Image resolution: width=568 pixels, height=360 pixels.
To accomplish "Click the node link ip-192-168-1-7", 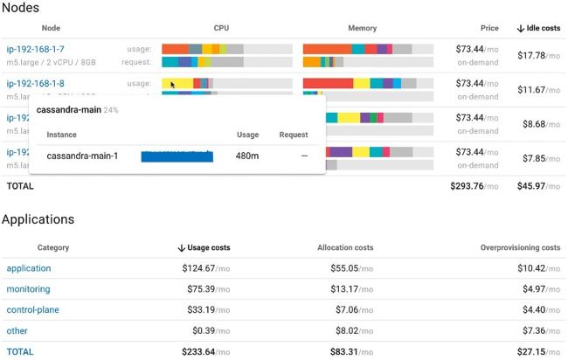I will pyautogui.click(x=36, y=49).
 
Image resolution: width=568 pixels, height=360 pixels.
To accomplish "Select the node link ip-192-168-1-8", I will pyautogui.click(x=36, y=83).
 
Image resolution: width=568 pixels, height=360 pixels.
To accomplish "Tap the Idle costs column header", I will pyautogui.click(x=538, y=28).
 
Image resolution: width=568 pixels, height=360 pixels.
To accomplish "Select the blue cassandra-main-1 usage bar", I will pyautogui.click(x=177, y=156).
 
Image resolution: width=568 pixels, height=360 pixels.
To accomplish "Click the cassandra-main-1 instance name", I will pyautogui.click(x=82, y=156).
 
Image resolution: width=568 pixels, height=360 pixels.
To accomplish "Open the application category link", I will pyautogui.click(x=29, y=268).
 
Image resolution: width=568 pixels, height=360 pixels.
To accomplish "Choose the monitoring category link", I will pyautogui.click(x=28, y=289).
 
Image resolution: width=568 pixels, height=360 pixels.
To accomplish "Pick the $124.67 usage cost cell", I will pyautogui.click(x=207, y=268).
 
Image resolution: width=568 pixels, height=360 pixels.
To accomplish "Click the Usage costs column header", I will pyautogui.click(x=204, y=247).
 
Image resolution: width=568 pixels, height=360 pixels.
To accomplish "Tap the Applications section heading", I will pyautogui.click(x=38, y=219).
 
